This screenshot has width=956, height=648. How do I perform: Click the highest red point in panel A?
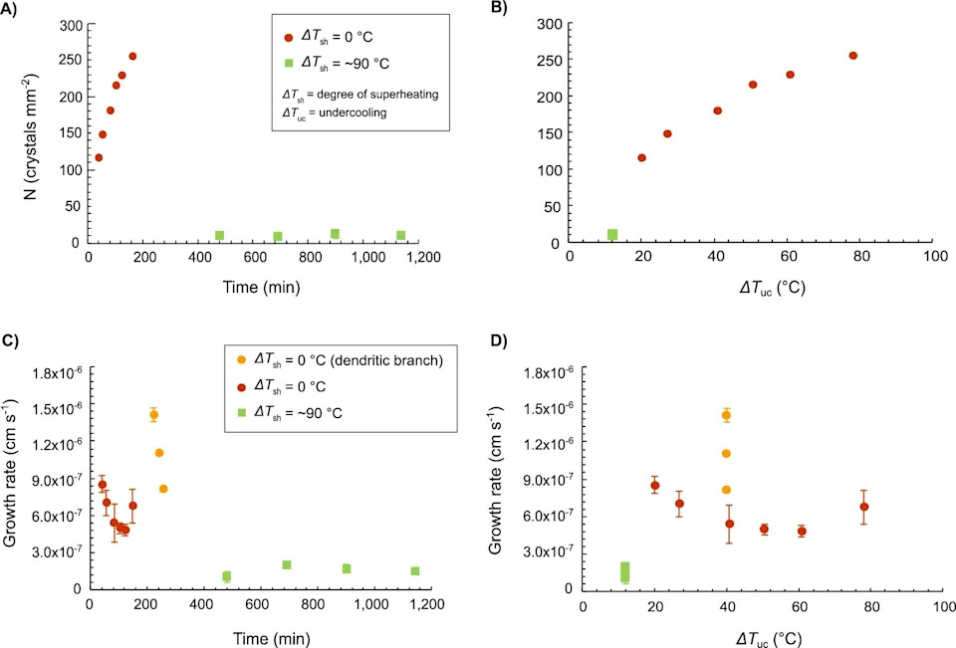tap(132, 57)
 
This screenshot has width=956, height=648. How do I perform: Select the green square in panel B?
tap(612, 235)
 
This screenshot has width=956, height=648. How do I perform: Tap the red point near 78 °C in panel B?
tap(853, 56)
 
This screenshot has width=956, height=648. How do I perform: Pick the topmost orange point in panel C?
tap(153, 415)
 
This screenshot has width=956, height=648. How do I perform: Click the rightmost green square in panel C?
tap(415, 571)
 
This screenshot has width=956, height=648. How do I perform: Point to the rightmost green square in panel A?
tap(400, 235)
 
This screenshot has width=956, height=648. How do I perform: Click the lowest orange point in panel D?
tap(726, 490)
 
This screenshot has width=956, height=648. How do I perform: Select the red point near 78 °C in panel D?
tap(863, 507)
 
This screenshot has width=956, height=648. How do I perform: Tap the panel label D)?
tap(499, 340)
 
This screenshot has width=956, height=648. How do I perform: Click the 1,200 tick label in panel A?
tap(423, 257)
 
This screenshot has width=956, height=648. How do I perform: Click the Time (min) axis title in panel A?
tap(261, 287)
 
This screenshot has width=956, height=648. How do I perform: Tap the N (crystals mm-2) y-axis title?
tap(30, 136)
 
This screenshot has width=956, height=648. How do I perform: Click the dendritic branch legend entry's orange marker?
tap(241, 360)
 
